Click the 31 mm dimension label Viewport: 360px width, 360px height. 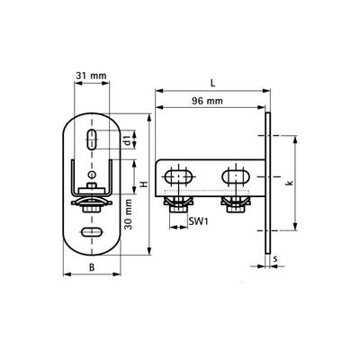click(91, 76)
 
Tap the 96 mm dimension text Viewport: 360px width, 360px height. click(207, 101)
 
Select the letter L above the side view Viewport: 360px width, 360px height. click(212, 83)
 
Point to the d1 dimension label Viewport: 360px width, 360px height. click(128, 140)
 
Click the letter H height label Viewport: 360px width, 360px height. click(145, 184)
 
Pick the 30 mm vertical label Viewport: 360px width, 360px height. click(129, 214)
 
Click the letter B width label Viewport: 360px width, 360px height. click(92, 267)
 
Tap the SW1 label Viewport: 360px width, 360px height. click(199, 221)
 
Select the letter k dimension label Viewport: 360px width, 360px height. click(290, 183)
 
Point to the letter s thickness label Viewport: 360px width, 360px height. click(275, 258)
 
